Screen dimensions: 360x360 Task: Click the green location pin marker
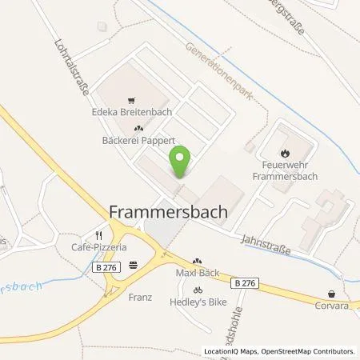tap(181, 162)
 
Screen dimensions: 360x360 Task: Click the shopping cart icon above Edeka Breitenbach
tap(138, 100)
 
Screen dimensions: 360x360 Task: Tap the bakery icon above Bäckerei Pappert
tap(138, 129)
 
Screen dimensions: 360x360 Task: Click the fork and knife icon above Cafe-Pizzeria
tap(98, 235)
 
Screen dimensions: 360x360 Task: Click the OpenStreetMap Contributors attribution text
tap(310, 351)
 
